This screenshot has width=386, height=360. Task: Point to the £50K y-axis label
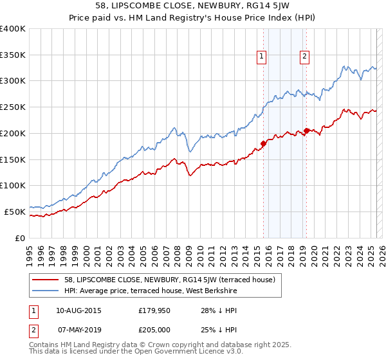[15, 211]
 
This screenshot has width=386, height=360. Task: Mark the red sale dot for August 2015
[263, 143]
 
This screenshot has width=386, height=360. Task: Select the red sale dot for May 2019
[306, 130]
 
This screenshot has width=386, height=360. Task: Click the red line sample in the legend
[46, 279]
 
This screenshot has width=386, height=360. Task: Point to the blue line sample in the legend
[46, 291]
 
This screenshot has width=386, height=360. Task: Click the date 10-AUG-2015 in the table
[78, 310]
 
